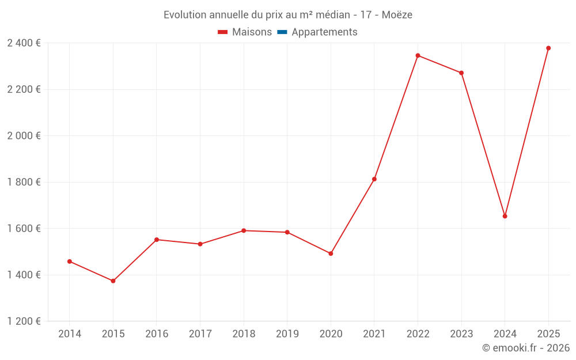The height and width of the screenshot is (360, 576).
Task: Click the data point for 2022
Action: click(x=418, y=56)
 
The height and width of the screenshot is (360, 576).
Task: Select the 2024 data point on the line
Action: click(x=505, y=216)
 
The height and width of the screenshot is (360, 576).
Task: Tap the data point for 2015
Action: click(x=113, y=281)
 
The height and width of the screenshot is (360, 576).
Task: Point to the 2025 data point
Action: click(x=548, y=48)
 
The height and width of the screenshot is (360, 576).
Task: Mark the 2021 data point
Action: click(x=374, y=179)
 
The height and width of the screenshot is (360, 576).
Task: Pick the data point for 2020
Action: click(x=331, y=253)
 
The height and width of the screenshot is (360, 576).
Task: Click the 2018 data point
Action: click(x=244, y=230)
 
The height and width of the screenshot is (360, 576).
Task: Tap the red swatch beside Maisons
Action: click(x=223, y=32)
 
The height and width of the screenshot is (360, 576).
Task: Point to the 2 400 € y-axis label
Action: click(x=24, y=43)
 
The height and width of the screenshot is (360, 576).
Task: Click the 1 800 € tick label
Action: click(x=24, y=182)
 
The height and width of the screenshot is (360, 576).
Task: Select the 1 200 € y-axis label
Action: click(x=24, y=321)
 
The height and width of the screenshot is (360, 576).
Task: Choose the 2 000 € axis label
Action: click(x=24, y=136)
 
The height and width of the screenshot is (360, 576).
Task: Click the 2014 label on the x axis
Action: click(x=70, y=334)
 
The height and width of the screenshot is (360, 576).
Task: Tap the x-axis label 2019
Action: click(x=287, y=334)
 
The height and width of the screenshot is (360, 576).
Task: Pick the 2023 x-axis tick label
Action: click(x=461, y=334)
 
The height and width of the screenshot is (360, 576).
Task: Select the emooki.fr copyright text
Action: click(x=526, y=348)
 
